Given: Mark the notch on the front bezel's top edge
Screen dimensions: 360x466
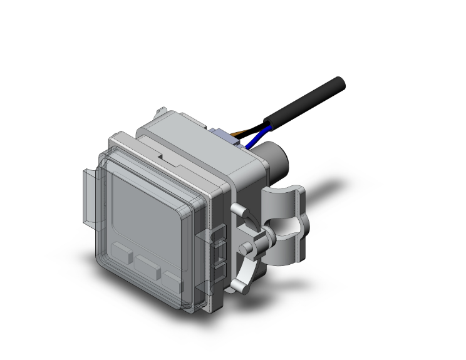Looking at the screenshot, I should [162, 152].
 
